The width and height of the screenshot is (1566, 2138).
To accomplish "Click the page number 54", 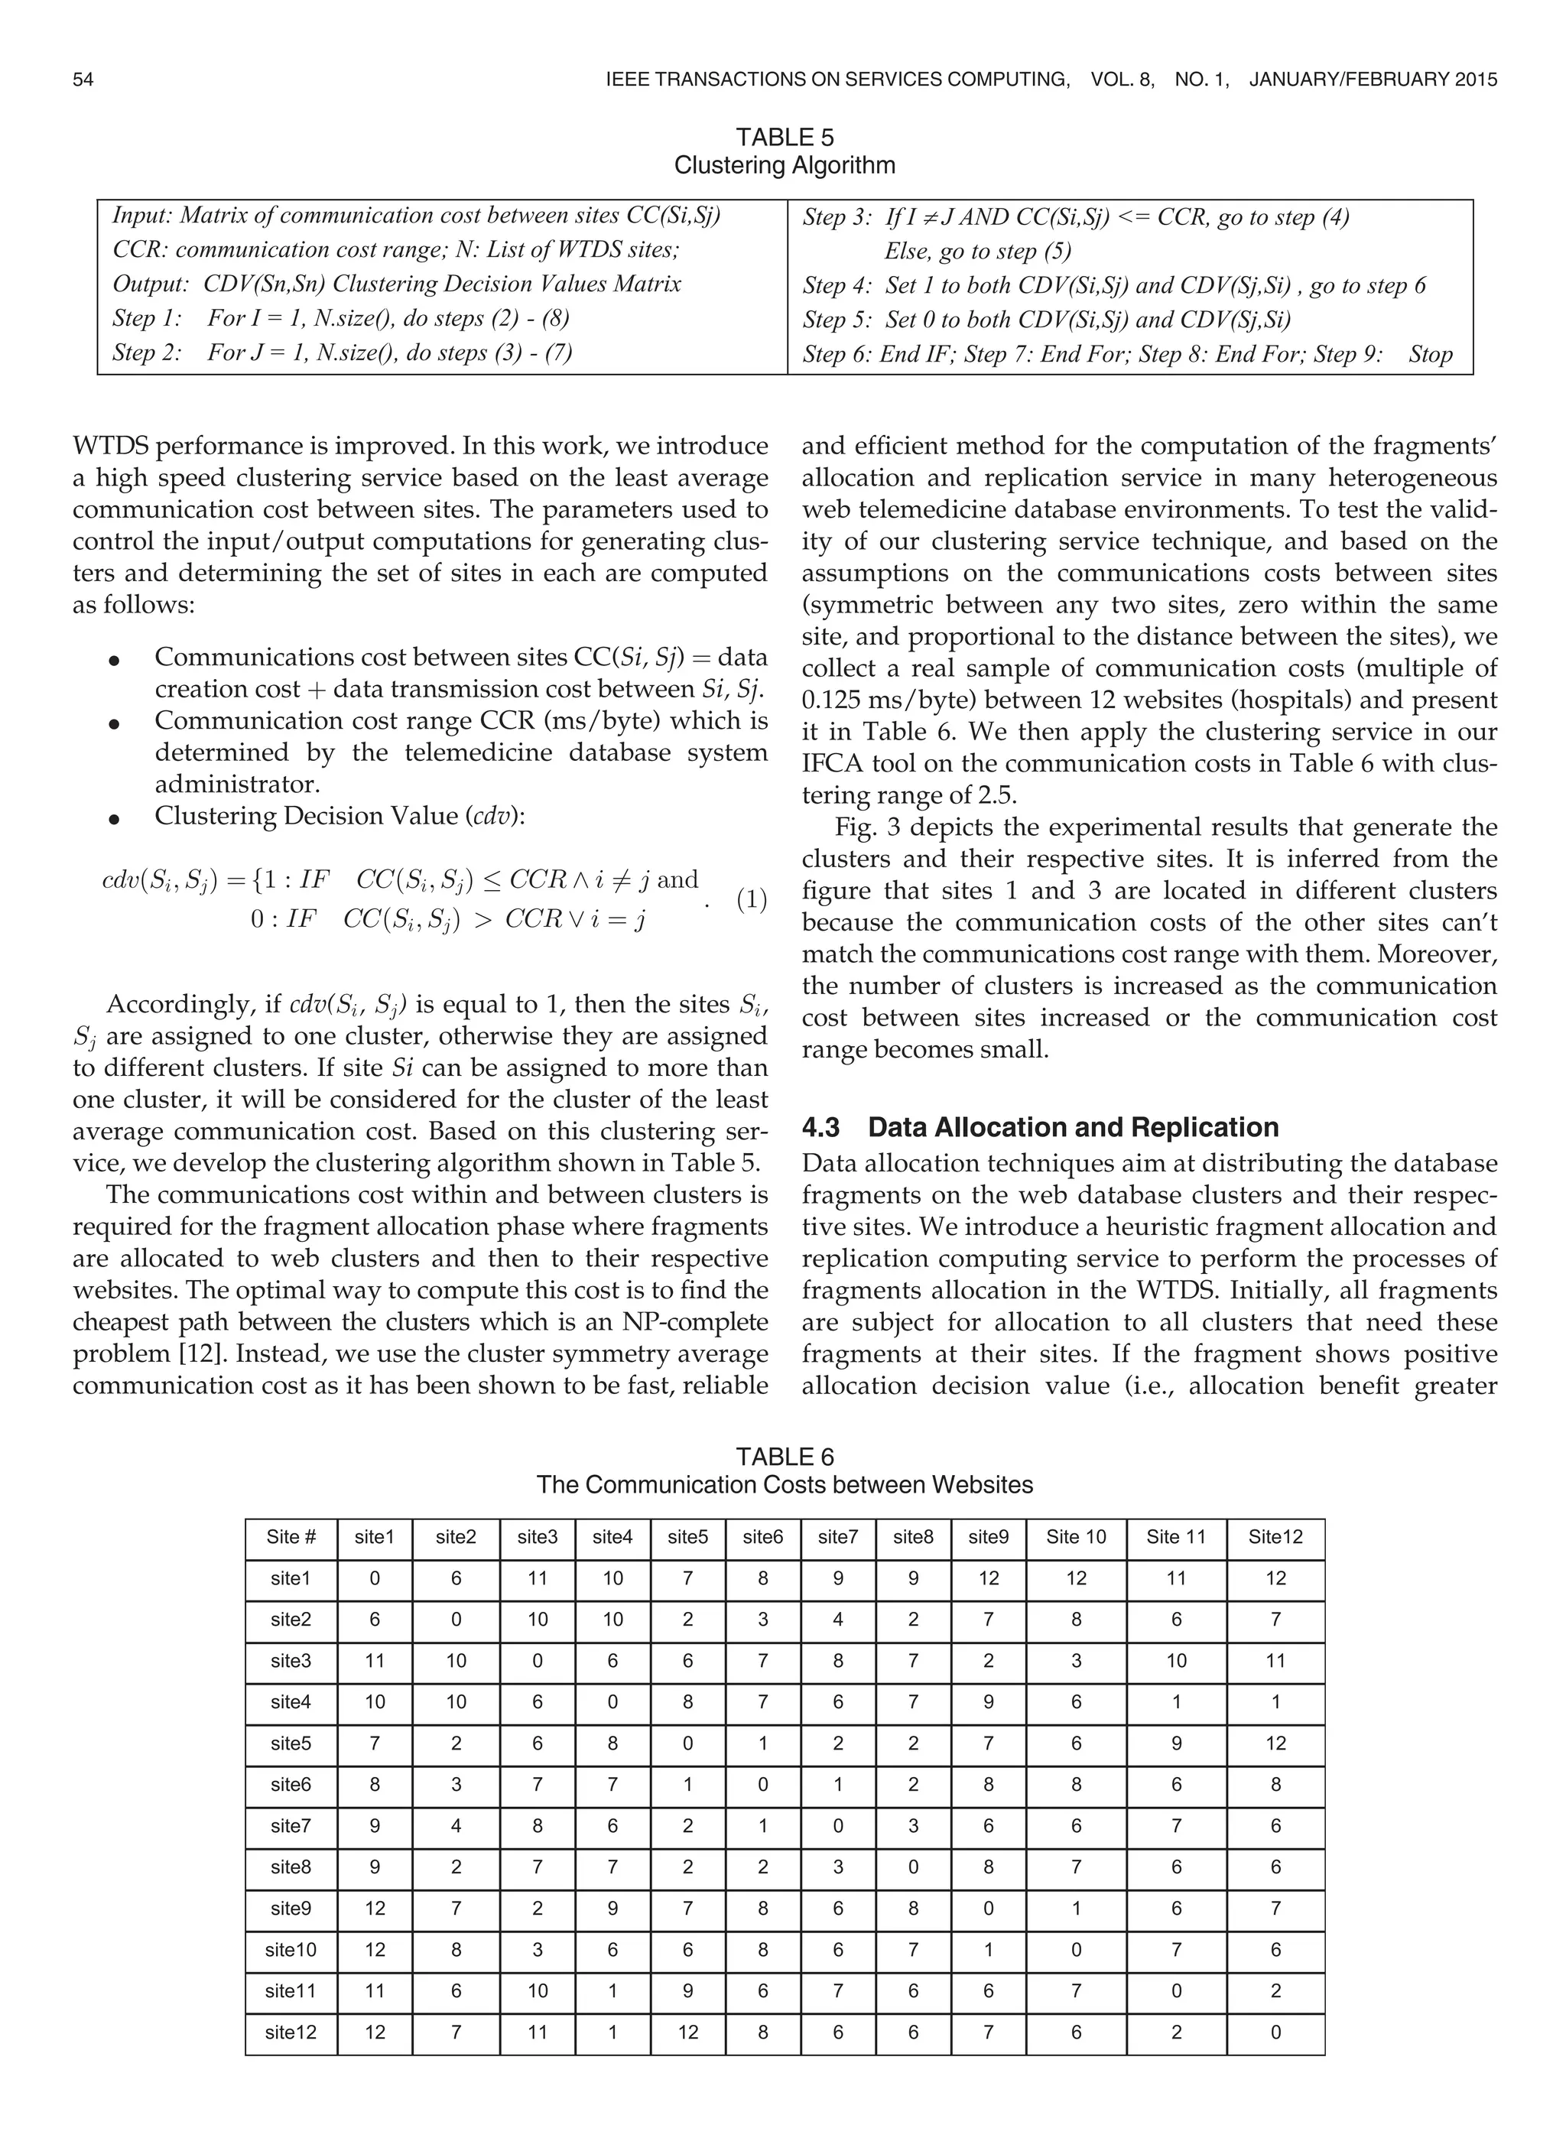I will pyautogui.click(x=83, y=80).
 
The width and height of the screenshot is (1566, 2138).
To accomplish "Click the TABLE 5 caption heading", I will pyautogui.click(x=784, y=138).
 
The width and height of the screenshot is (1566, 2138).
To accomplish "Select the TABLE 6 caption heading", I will pyautogui.click(x=784, y=1457).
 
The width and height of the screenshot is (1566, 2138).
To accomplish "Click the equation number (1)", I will pyautogui.click(x=751, y=899).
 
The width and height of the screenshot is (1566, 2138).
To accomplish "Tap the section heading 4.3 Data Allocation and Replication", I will pyautogui.click(x=1040, y=1127).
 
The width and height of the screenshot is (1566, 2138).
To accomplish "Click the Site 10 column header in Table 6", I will pyautogui.click(x=1076, y=1537).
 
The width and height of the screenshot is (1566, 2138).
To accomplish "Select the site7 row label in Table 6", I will pyautogui.click(x=291, y=1826).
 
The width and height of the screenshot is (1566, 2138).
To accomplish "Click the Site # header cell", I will pyautogui.click(x=291, y=1537).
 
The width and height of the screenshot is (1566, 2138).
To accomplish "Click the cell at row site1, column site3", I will pyautogui.click(x=538, y=1579).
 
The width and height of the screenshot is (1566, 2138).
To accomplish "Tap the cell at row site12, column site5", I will pyautogui.click(x=687, y=2032).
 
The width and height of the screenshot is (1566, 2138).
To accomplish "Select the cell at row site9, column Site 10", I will pyautogui.click(x=1076, y=1909).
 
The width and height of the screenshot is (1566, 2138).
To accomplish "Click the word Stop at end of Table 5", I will pyautogui.click(x=1431, y=355).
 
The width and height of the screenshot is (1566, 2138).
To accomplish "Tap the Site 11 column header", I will pyautogui.click(x=1175, y=1537).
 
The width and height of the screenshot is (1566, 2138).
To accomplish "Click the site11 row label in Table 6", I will pyautogui.click(x=291, y=1991).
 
